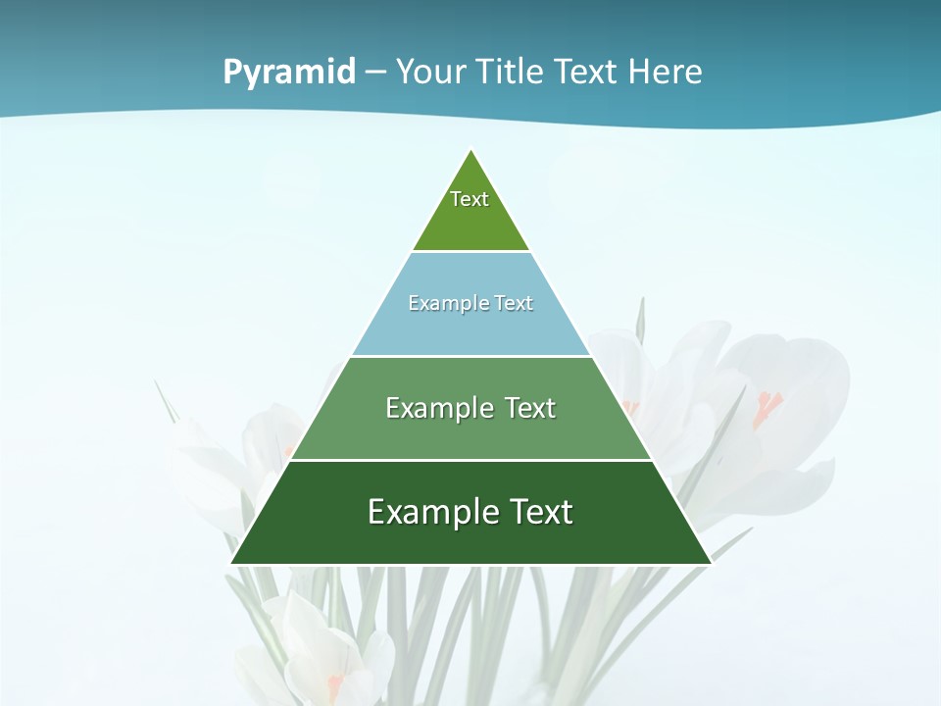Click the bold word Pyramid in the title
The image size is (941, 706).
pyautogui.click(x=289, y=73)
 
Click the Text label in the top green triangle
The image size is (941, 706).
pyautogui.click(x=470, y=199)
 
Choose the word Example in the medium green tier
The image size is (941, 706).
pyautogui.click(x=439, y=408)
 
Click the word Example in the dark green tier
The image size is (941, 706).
pyautogui.click(x=432, y=512)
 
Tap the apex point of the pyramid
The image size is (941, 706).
pyautogui.click(x=471, y=150)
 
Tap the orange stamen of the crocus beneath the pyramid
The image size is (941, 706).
pyautogui.click(x=335, y=681)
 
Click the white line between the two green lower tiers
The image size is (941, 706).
pyautogui.click(x=470, y=460)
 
